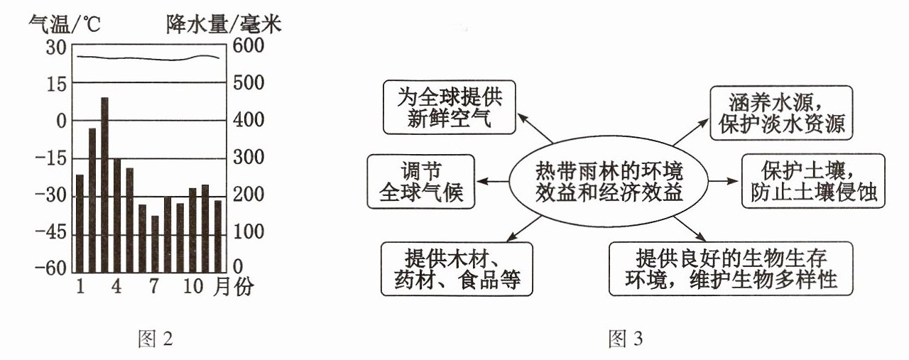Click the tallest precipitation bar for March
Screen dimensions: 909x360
click(x=104, y=185)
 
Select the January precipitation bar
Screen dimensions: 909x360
click(x=80, y=224)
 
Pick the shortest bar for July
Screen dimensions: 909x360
click(x=155, y=244)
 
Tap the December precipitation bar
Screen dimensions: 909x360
click(x=218, y=236)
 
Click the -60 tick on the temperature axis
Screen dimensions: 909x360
click(x=50, y=268)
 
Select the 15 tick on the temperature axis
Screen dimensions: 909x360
click(x=56, y=84)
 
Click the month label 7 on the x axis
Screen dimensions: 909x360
click(x=153, y=286)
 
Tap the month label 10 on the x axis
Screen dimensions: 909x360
click(x=192, y=286)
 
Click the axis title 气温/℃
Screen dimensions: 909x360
click(x=64, y=24)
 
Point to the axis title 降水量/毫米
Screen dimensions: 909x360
click(x=224, y=24)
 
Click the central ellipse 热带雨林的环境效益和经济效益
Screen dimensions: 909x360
click(x=609, y=181)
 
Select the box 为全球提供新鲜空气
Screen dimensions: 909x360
click(x=450, y=107)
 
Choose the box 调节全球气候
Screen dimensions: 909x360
click(x=421, y=182)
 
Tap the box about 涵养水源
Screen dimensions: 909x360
click(x=781, y=113)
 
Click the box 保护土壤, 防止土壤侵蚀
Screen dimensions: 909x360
click(x=813, y=181)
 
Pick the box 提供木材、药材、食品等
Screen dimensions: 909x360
click(x=457, y=269)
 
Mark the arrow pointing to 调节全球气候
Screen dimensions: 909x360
click(x=492, y=182)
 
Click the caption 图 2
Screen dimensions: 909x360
click(x=156, y=339)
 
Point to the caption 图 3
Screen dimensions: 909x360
click(x=626, y=339)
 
